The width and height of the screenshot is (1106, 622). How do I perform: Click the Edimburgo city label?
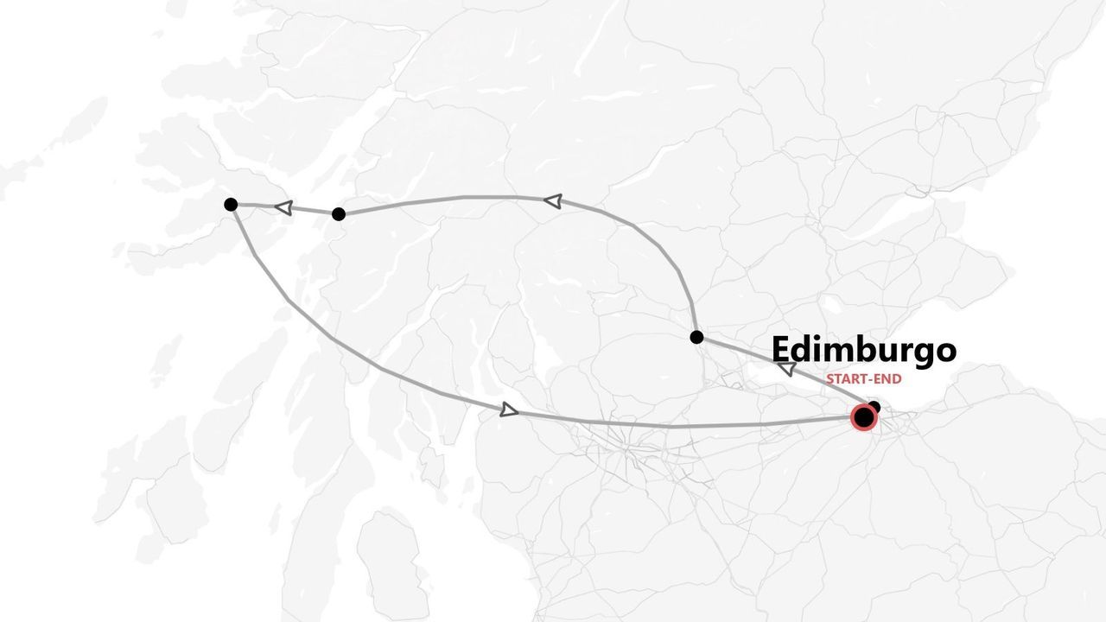tap(863, 350)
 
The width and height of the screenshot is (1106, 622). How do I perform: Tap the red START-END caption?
tap(863, 378)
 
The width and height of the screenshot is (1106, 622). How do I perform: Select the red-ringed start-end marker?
tap(863, 418)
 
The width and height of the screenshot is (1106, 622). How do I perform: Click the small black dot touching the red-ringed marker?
tap(874, 407)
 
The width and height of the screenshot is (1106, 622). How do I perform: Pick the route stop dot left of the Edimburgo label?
tap(696, 337)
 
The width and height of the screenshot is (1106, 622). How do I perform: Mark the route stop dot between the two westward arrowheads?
tap(339, 213)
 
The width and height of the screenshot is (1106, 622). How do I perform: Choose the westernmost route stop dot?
tap(231, 204)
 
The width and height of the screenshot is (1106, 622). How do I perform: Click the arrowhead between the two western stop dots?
tap(283, 207)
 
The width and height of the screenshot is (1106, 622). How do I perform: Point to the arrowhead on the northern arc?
tap(553, 200)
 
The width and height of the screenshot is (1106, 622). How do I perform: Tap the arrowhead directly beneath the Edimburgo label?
tap(786, 369)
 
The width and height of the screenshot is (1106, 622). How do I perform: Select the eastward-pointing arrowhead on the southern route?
tap(509, 409)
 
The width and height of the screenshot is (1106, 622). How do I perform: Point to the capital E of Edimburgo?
tap(780, 350)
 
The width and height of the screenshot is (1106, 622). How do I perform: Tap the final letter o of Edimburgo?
tap(946, 351)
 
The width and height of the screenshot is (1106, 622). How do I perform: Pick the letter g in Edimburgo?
tap(924, 353)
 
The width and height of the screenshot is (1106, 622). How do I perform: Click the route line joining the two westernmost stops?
tap(311, 211)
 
